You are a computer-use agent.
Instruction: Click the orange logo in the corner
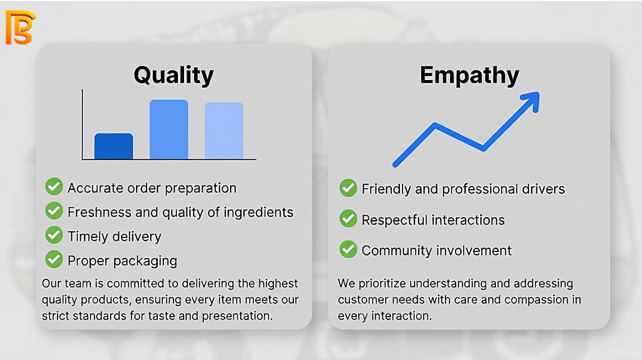point(20,27)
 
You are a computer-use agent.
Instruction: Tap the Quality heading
point(174,76)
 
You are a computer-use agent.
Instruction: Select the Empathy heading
point(469,76)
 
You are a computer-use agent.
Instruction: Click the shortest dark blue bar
point(114,146)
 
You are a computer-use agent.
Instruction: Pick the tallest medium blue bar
point(168,129)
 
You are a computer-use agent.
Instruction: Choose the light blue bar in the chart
point(224,130)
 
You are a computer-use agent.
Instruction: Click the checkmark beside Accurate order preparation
point(54,187)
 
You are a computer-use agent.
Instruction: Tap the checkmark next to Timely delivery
point(54,236)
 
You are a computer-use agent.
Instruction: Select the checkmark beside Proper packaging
point(54,260)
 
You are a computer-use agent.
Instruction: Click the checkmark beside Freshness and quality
point(54,211)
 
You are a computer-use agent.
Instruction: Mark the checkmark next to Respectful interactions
point(348,219)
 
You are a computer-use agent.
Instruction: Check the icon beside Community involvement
point(348,249)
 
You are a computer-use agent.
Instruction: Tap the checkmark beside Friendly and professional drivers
point(348,188)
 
